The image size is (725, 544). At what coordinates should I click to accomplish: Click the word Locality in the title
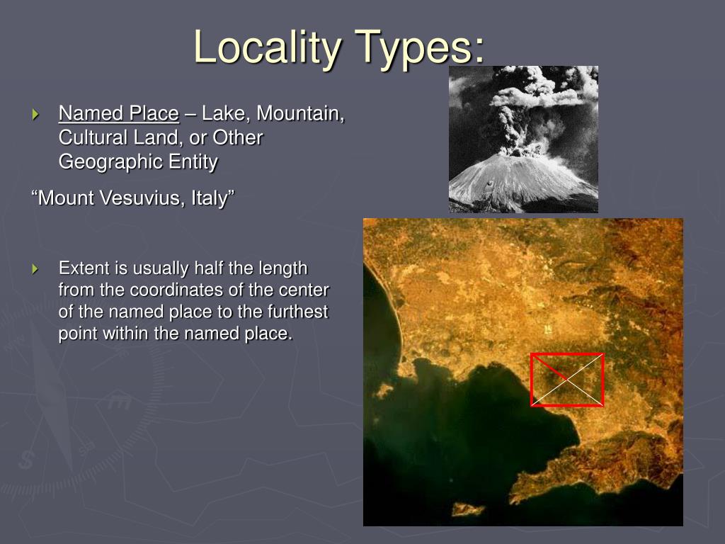pyautogui.click(x=266, y=47)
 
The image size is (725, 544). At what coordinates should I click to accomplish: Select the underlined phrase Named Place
pyautogui.click(x=118, y=113)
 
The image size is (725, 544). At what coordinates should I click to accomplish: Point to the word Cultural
pyautogui.click(x=89, y=137)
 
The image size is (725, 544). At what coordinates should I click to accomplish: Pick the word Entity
pyautogui.click(x=193, y=161)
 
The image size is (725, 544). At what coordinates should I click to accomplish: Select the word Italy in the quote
pyautogui.click(x=211, y=198)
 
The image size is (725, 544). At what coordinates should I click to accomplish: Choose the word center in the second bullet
pyautogui.click(x=307, y=290)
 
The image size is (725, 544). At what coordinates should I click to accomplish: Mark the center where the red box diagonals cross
pyautogui.click(x=567, y=380)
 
